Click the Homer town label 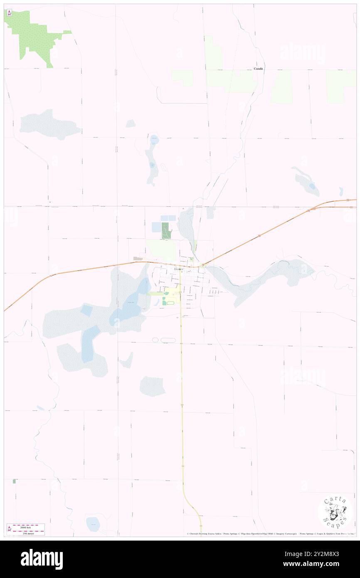click(178, 269)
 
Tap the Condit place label click(259, 69)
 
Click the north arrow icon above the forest click(8, 12)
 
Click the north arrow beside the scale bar click(9, 529)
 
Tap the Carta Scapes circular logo click(335, 512)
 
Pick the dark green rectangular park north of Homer click(166, 230)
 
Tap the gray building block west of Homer click(138, 259)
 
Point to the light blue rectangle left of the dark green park click(156, 227)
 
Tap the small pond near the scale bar click(93, 524)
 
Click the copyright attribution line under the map click(270, 534)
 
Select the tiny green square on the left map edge click(14, 481)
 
